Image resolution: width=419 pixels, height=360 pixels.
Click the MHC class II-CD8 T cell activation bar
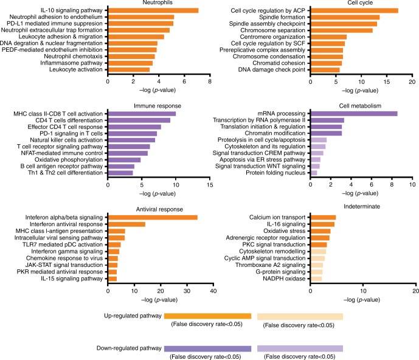pos(142,113)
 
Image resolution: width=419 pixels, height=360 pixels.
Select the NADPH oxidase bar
pos(316,279)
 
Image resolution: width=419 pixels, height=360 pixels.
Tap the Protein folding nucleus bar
pos(314,173)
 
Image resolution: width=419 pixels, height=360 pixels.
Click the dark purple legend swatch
pos(207,348)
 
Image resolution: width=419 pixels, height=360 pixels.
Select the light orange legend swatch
pos(300,316)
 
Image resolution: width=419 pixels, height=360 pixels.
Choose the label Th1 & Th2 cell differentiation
pos(66,173)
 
